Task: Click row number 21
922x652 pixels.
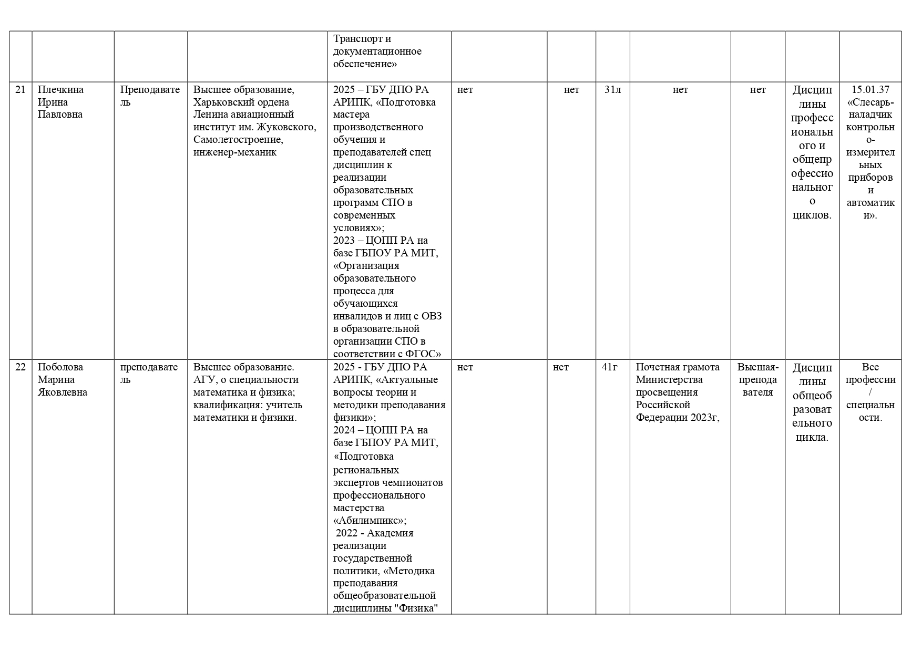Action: (x=20, y=90)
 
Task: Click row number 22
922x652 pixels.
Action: (x=20, y=367)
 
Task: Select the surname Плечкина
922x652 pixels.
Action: (x=60, y=90)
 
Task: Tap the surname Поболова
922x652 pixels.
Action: (x=60, y=367)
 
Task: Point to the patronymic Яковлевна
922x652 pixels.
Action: (x=63, y=392)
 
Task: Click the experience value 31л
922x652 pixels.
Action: (x=612, y=90)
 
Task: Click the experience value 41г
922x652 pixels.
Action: (x=610, y=367)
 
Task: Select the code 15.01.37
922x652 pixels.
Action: (x=870, y=90)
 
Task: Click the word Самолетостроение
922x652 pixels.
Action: (x=238, y=140)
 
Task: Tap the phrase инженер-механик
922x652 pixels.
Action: (x=235, y=153)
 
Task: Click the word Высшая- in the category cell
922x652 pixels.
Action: (x=757, y=367)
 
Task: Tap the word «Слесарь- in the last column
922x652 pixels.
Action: (x=870, y=102)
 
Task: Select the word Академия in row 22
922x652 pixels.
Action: (x=390, y=533)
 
